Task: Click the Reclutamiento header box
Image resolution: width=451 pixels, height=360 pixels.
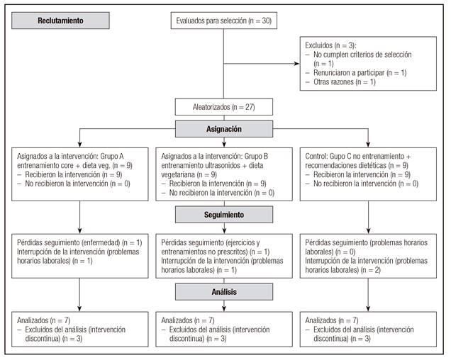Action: pyautogui.click(x=61, y=21)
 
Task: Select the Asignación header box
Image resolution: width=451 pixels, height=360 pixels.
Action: pyautogui.click(x=224, y=130)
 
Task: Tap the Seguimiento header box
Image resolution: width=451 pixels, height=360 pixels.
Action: pyautogui.click(x=224, y=213)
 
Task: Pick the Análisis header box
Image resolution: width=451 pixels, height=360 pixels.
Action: pyautogui.click(x=224, y=291)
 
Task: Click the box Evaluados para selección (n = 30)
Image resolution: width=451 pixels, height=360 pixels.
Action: pyautogui.click(x=224, y=21)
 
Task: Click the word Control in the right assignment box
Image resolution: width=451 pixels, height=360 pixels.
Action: pyautogui.click(x=316, y=154)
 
